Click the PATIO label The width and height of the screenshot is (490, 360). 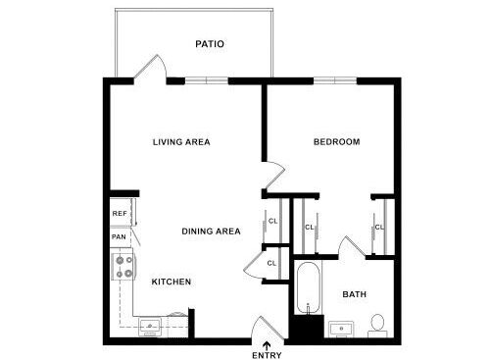pos(210,44)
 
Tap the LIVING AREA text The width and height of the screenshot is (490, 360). pos(181,142)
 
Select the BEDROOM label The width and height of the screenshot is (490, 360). pos(336,142)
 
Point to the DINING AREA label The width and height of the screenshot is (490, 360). pos(211,231)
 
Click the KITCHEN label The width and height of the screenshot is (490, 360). pos(171,282)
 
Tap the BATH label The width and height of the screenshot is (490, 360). pos(353,294)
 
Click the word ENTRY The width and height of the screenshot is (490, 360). pos(268,354)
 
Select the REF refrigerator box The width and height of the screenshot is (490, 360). pos(120,213)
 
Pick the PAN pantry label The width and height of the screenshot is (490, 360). pos(119,236)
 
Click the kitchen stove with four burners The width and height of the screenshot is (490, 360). pos(122,267)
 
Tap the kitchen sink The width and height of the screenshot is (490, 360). pos(150,327)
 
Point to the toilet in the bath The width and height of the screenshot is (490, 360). pos(377,325)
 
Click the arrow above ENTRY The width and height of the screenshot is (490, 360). pos(268,340)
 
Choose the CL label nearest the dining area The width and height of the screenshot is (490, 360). pos(272,221)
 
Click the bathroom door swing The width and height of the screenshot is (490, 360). pos(350,245)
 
